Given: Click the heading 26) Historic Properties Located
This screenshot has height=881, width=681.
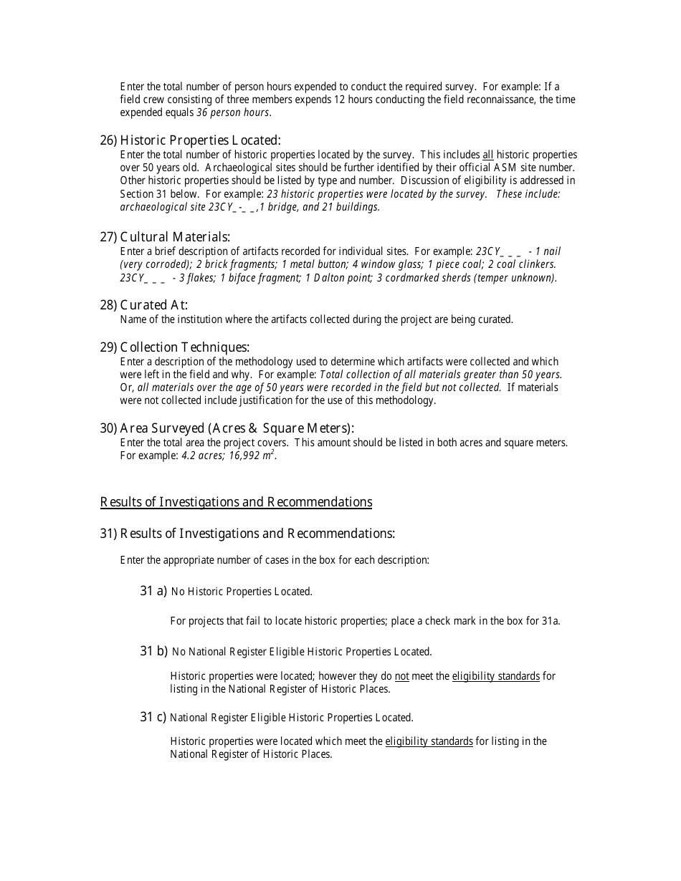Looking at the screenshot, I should click(190, 140).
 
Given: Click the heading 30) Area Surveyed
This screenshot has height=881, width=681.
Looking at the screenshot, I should click(227, 428).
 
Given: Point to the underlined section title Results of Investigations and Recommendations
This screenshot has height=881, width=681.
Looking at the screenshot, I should click(236, 502).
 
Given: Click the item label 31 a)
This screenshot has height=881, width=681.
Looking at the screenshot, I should click(153, 591).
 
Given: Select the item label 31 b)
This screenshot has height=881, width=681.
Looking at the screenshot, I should click(153, 651).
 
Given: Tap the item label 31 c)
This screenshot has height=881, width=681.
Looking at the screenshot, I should click(153, 717).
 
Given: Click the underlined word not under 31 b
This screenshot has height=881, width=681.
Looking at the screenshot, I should click(401, 676).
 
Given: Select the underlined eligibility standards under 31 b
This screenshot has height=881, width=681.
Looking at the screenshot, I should click(495, 676).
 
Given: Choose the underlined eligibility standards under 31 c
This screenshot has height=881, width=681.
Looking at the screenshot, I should click(429, 741).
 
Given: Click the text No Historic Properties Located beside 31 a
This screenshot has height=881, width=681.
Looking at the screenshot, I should click(242, 592).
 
